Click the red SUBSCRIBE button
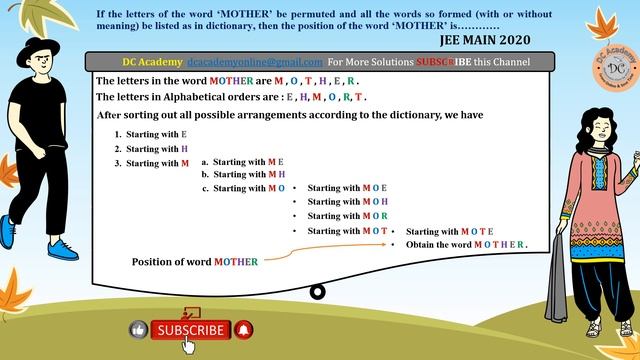(x=191, y=329)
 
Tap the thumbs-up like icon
(x=139, y=329)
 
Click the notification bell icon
(x=244, y=329)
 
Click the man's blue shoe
(x=65, y=247)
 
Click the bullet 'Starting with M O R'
(x=347, y=216)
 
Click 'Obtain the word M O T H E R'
(x=466, y=245)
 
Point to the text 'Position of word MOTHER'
(x=195, y=262)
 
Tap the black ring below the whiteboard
(x=318, y=292)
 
